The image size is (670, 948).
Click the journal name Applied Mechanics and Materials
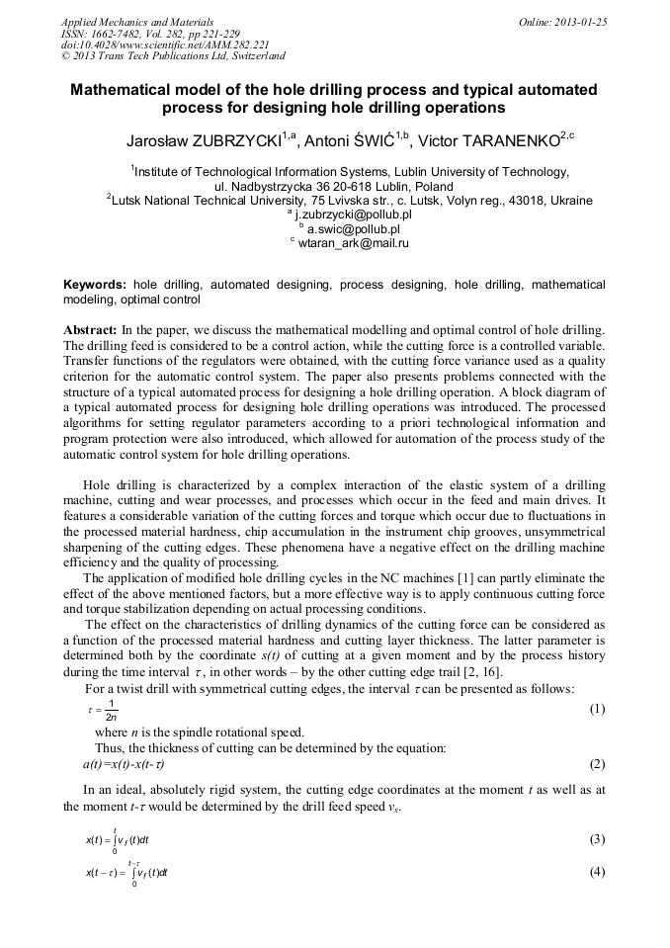click(x=137, y=21)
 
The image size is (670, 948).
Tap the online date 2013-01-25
click(x=562, y=21)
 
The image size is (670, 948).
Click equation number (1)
click(x=597, y=709)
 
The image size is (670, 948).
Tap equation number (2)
click(x=597, y=764)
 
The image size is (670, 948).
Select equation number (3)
click(x=597, y=839)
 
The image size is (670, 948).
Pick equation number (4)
click(x=597, y=872)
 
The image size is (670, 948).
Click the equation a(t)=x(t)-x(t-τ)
click(x=124, y=764)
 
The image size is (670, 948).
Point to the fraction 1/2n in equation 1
click(x=112, y=710)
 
